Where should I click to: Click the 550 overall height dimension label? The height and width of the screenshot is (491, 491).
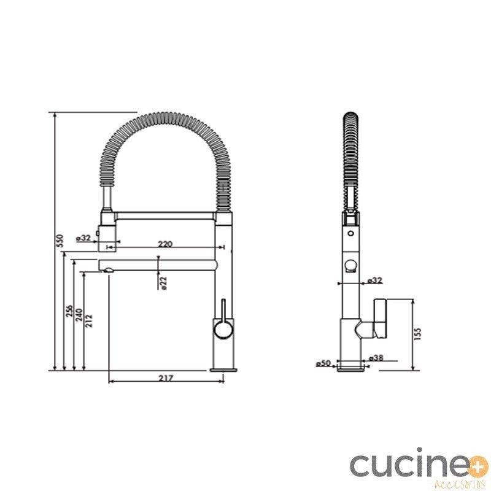tap(60, 241)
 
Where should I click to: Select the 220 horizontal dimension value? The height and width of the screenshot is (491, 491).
tap(165, 244)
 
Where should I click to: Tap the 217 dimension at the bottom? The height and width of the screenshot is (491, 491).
tap(166, 378)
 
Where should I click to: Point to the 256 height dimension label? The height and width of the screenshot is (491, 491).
tap(69, 311)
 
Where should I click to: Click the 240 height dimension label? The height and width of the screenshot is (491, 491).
tap(79, 315)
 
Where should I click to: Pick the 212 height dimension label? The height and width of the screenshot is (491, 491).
tap(89, 321)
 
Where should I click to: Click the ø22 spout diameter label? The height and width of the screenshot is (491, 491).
tap(163, 283)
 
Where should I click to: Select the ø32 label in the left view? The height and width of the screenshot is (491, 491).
tap(83, 238)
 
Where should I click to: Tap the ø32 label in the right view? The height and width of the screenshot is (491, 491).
tap(375, 280)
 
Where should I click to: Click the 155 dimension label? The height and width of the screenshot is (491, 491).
tap(418, 334)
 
